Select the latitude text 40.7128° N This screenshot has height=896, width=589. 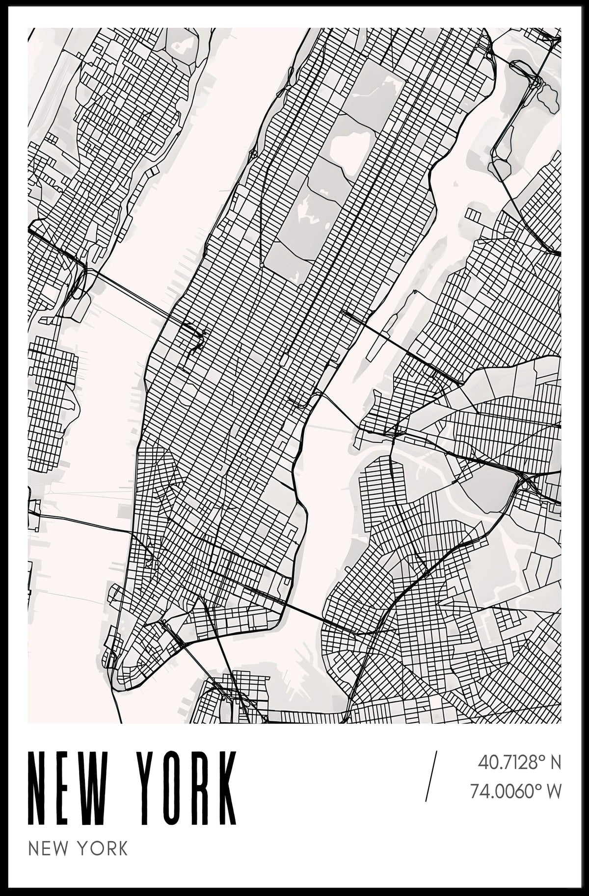pyautogui.click(x=518, y=763)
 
